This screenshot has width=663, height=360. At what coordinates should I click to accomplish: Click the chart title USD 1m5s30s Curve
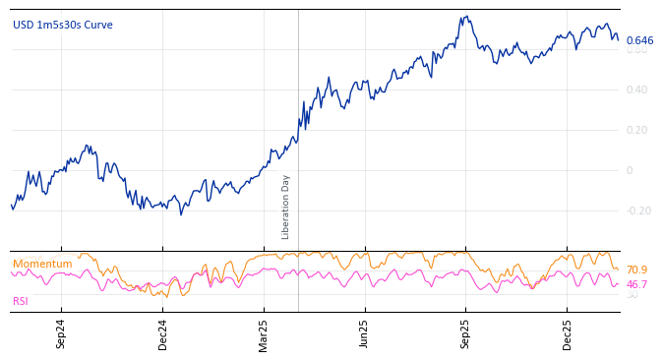click(x=63, y=25)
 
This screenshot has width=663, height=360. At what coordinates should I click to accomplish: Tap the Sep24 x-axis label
click(x=61, y=333)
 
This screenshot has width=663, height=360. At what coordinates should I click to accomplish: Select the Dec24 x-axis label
click(x=163, y=333)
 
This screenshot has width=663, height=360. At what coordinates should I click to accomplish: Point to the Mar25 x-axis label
click(x=264, y=333)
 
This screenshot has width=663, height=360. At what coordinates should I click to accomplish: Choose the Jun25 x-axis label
click(x=364, y=333)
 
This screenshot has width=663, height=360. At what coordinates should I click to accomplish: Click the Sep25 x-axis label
click(x=465, y=333)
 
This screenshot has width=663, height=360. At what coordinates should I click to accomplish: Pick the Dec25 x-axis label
click(x=568, y=333)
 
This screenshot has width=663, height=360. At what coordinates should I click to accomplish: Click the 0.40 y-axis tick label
click(x=637, y=90)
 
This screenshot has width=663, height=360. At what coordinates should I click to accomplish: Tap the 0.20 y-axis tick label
click(x=637, y=130)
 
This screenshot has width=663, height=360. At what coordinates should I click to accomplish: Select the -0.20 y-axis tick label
click(x=638, y=210)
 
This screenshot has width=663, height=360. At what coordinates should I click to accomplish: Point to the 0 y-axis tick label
click(x=631, y=170)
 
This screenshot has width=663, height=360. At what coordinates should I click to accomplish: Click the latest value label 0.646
click(x=639, y=40)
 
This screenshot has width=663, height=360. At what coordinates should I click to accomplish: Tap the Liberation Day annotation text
click(x=286, y=207)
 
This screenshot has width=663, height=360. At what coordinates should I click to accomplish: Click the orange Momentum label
click(x=42, y=264)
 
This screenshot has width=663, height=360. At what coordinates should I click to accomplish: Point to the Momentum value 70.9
click(x=636, y=270)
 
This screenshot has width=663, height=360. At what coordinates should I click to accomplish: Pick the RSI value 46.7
click(x=636, y=284)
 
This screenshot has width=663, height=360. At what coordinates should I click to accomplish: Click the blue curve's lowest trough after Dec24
click(x=180, y=214)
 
